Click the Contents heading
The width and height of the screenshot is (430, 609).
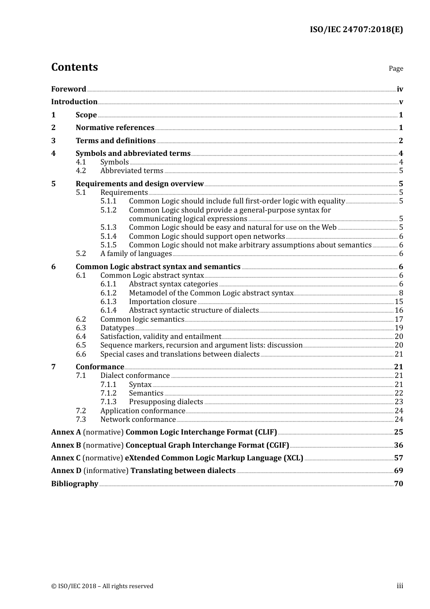(x=74, y=67)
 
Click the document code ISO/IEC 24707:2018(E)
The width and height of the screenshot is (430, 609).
(x=356, y=29)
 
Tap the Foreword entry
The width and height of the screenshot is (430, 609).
(x=68, y=89)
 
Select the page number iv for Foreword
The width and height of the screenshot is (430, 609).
(x=400, y=89)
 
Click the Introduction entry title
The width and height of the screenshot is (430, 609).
(x=74, y=102)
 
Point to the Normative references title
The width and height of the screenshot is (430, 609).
(x=115, y=128)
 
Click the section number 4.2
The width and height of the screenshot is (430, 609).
(x=81, y=171)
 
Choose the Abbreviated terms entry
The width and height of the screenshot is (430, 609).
(x=132, y=171)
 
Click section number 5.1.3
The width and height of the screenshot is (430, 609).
(x=108, y=227)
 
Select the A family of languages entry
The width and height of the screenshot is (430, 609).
(x=136, y=254)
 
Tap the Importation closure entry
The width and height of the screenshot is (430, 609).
(x=162, y=302)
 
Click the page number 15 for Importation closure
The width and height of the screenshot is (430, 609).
(x=398, y=302)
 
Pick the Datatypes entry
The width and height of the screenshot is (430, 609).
(x=117, y=328)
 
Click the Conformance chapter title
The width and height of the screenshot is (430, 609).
(x=100, y=367)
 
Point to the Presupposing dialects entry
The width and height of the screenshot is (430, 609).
(x=166, y=402)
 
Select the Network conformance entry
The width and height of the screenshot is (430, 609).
(x=138, y=420)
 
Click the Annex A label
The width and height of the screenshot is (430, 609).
(x=66, y=432)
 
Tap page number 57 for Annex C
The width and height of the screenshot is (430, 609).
(x=398, y=458)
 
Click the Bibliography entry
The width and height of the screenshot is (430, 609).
(x=75, y=484)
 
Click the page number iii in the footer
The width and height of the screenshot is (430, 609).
(x=400, y=586)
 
